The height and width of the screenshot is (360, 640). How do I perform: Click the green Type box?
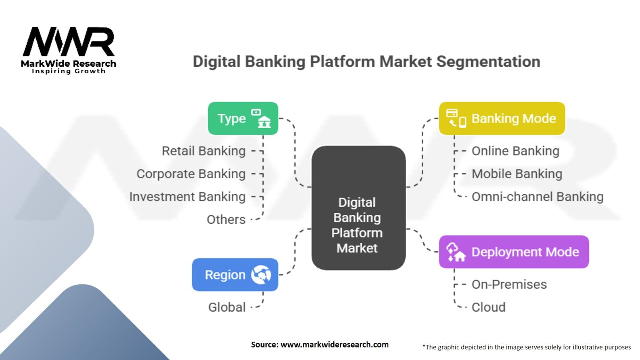243,118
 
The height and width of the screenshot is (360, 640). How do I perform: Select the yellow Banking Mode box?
502,118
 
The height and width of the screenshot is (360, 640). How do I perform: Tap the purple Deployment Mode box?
514,252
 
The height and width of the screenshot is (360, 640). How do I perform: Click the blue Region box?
235,275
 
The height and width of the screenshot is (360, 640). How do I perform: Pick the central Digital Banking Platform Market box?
358,208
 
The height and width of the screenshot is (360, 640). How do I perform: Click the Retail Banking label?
203,151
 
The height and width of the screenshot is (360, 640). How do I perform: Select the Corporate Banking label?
191,174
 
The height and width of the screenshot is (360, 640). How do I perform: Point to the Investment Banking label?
187,197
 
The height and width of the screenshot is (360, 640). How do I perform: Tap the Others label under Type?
226,220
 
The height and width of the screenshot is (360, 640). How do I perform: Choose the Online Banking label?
515,151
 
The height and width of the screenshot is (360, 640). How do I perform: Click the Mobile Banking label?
517,174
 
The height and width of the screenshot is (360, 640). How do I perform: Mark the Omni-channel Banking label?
537,197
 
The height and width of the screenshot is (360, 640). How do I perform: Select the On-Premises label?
509,285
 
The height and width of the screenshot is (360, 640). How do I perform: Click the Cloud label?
488,307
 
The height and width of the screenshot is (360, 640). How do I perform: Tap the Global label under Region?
227,307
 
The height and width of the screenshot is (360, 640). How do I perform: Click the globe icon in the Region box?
261,275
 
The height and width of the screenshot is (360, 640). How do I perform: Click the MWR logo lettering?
69,42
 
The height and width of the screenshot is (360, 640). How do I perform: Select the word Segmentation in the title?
488,62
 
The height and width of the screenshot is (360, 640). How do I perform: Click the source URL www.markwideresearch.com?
334,345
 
